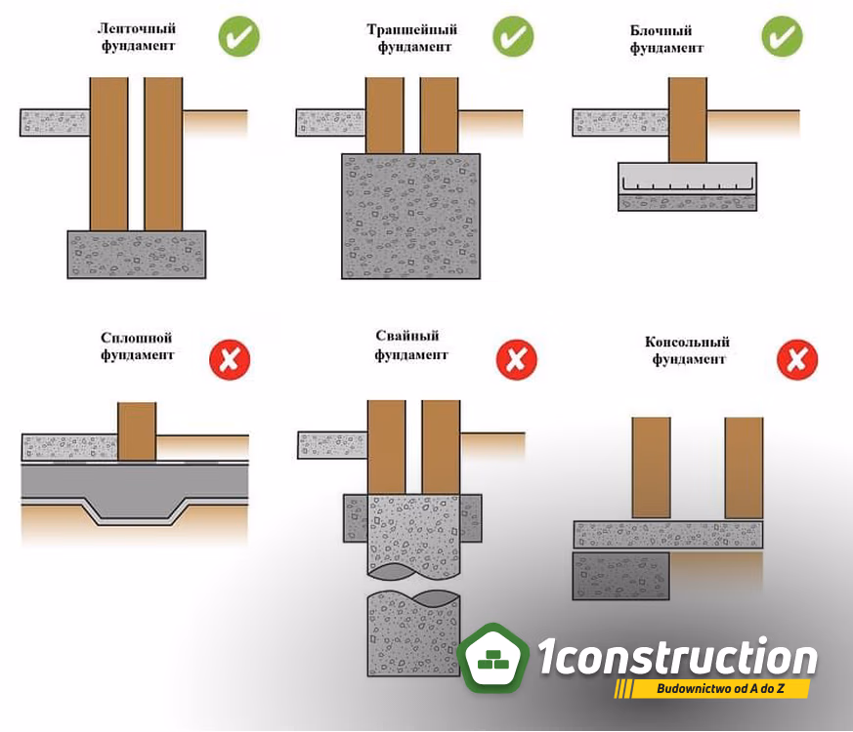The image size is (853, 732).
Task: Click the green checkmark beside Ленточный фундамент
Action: coord(238,36)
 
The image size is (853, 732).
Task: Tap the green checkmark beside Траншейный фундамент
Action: coord(513,36)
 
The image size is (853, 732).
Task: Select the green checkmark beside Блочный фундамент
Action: coord(782,36)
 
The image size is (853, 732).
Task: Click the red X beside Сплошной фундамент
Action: coord(230,360)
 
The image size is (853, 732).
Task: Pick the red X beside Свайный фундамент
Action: coord(516,360)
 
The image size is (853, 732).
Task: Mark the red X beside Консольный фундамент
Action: coord(797,360)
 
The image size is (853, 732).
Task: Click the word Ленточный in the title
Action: coord(137,28)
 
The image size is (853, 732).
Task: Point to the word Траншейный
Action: coord(411,29)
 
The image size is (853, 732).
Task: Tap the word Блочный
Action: coord(661,30)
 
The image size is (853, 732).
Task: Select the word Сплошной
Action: coord(136,338)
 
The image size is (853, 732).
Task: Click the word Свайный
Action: coord(406,336)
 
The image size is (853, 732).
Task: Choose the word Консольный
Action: coord(687,342)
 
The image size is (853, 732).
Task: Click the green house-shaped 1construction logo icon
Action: coord(492,658)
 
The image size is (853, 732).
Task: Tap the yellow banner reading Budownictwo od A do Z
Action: coord(712,688)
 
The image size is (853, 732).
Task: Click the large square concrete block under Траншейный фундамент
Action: coord(410,217)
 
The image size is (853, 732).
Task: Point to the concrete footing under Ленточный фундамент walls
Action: coord(137,255)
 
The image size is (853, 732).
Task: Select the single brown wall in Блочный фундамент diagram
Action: coord(688,120)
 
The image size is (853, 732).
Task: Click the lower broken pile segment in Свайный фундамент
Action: coord(413,633)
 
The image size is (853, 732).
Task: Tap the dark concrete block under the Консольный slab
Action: coord(620,576)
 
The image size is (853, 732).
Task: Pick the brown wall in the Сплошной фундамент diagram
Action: coord(137,431)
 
